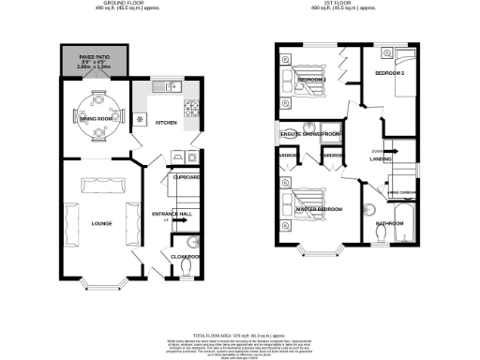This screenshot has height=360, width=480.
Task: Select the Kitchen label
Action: click(165, 123)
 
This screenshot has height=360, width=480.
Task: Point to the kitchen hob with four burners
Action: click(193, 111)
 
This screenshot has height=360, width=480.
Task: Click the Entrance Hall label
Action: click(172, 214)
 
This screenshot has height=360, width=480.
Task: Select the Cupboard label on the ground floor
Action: click(184, 175)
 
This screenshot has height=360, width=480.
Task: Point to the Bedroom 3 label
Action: click(390, 72)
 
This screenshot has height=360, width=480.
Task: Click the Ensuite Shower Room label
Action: click(310, 135)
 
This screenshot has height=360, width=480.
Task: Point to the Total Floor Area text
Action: click(240, 335)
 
